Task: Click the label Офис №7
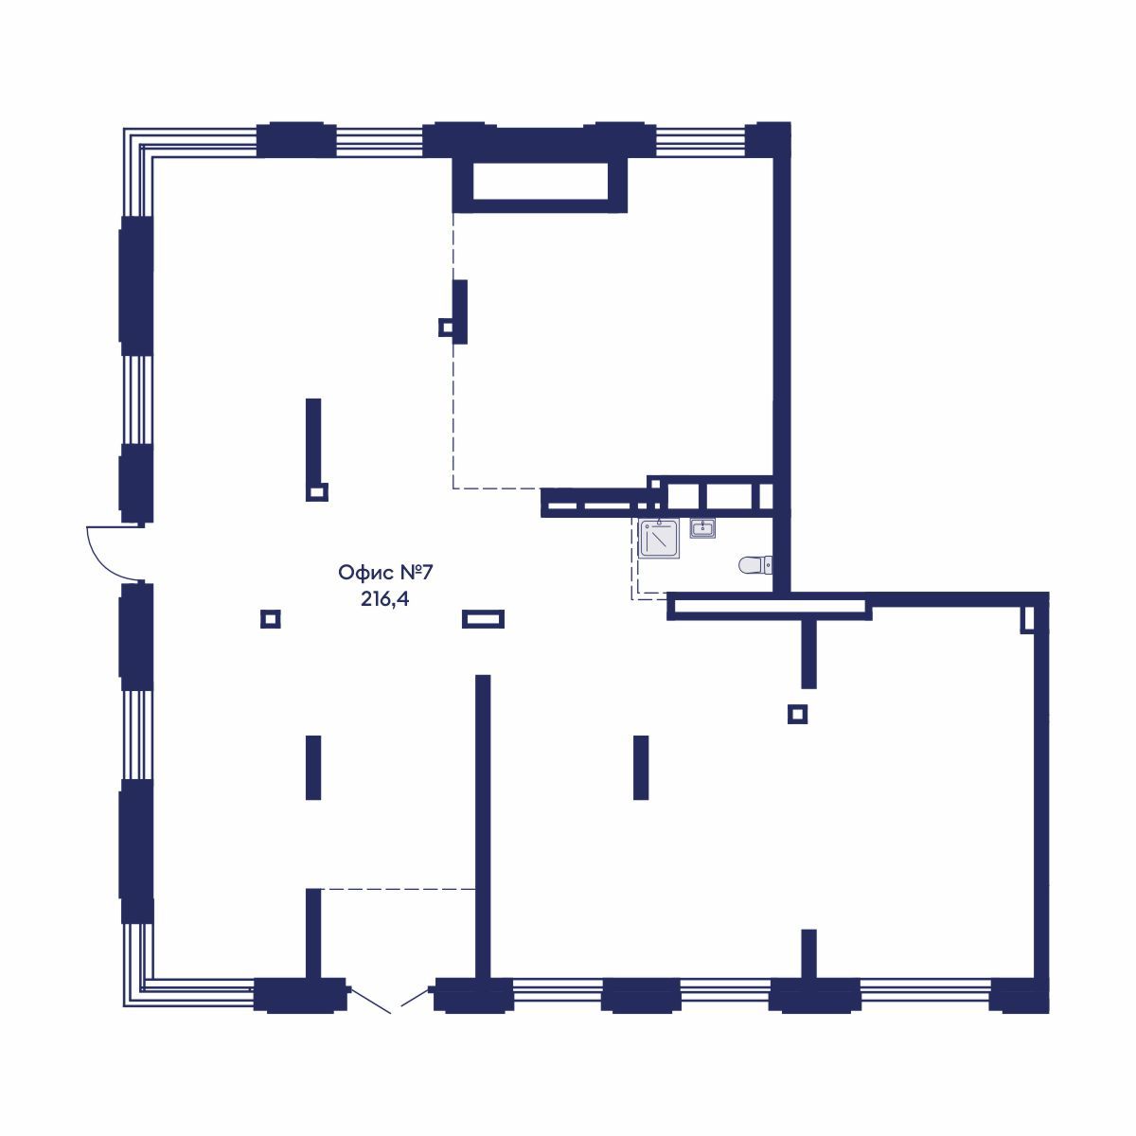385,573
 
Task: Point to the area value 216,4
385,599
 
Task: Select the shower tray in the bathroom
659,539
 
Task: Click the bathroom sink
702,528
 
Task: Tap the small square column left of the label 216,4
270,619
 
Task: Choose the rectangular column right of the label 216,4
483,619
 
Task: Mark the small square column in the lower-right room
797,715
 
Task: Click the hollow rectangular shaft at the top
539,185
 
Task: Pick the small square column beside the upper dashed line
446,328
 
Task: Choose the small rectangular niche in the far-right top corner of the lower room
1028,619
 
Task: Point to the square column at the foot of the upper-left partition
317,491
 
